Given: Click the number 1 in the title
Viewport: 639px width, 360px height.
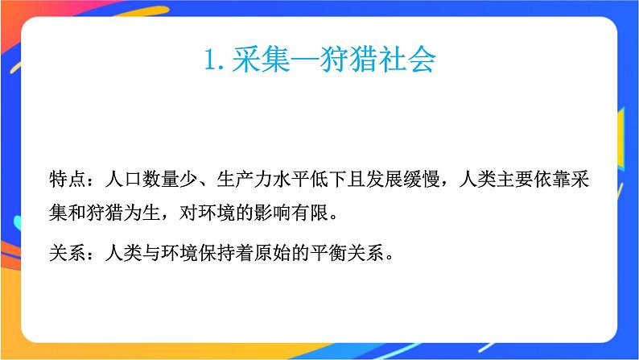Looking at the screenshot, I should click(x=212, y=60).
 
